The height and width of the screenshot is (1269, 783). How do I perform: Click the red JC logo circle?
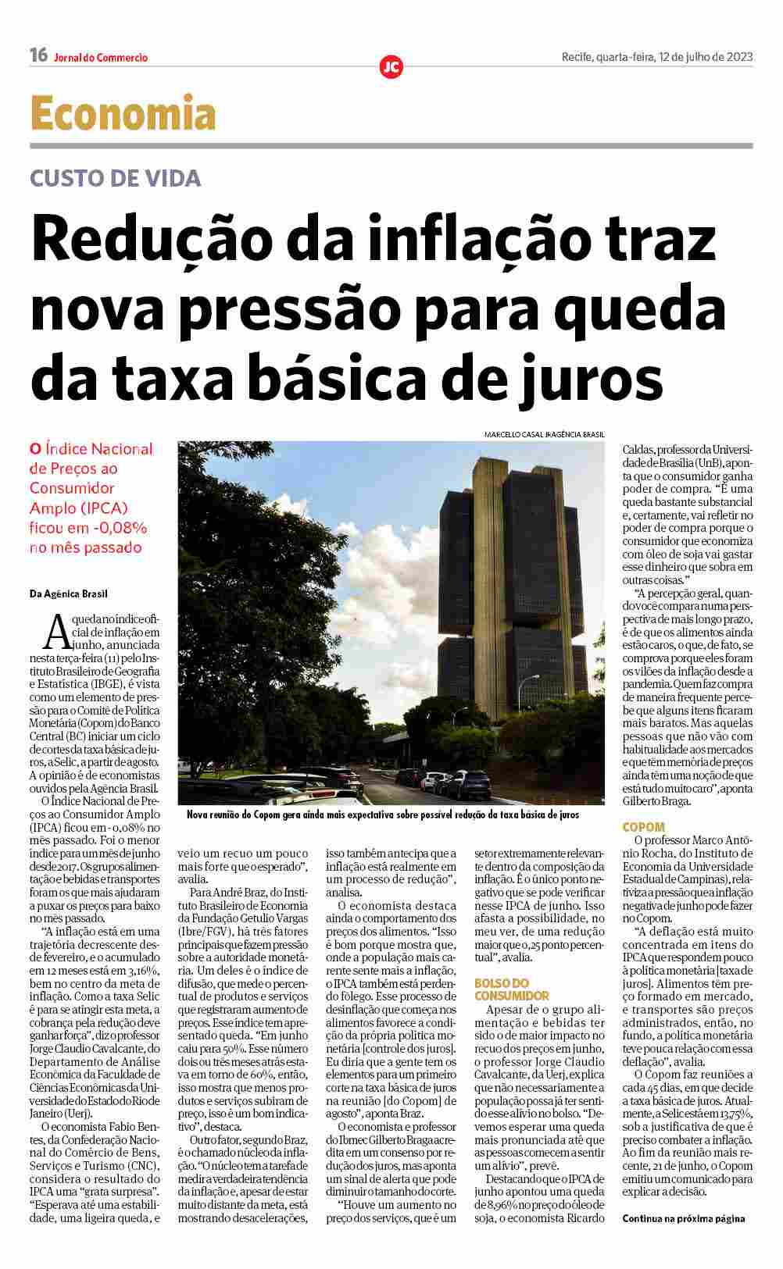point(391,68)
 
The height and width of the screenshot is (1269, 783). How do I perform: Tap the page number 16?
point(38,55)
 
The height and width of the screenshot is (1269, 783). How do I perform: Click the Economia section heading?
point(123,114)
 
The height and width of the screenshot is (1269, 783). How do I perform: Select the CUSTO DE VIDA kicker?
point(115,178)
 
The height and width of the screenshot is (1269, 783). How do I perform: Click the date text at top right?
point(656,56)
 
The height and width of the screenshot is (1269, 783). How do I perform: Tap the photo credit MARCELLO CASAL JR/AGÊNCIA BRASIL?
point(544,434)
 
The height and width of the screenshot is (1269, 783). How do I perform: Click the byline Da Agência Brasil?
point(69,594)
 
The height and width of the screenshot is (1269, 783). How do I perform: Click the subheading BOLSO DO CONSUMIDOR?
point(511,989)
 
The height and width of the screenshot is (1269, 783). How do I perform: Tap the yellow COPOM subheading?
point(643,826)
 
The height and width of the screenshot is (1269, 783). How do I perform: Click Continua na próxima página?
point(683,1218)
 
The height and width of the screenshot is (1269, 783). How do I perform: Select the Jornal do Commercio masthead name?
point(101,57)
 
